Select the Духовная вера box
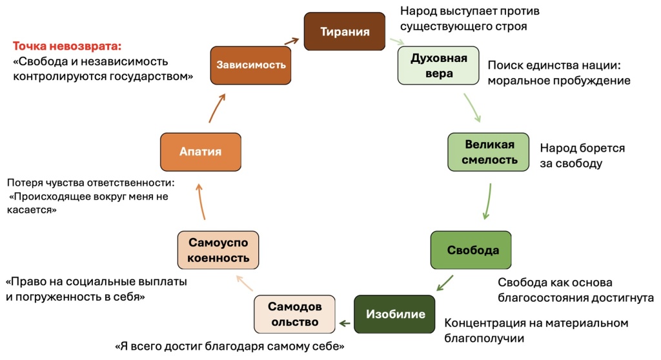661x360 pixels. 438,66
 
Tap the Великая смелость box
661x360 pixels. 489,152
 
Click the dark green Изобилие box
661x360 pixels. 394,314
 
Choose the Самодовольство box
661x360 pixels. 294,314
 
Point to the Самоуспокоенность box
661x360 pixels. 218,250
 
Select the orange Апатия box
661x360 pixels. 200,152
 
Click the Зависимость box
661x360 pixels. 251,65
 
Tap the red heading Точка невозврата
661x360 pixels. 67,46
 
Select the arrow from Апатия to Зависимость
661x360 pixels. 217,108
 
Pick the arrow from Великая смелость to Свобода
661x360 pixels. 488,202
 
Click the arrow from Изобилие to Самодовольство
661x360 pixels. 345,321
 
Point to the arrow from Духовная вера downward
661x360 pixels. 473,108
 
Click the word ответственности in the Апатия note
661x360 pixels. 129,183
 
